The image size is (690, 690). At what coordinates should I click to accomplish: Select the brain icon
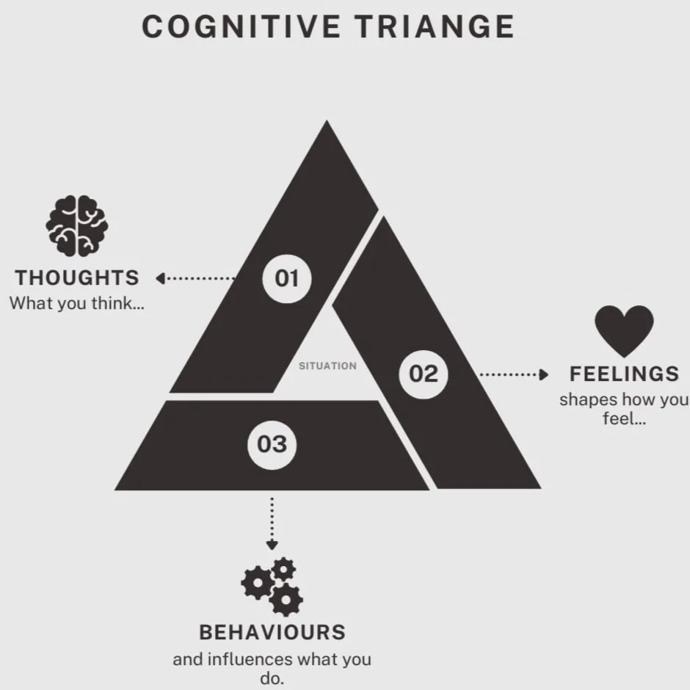(77, 226)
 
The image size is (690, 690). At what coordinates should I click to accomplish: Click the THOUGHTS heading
(77, 278)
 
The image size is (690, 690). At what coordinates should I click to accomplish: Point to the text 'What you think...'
(76, 304)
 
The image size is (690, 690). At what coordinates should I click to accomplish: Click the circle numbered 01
(287, 278)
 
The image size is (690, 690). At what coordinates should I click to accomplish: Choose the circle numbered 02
(423, 374)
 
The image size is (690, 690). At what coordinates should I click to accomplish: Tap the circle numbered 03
(272, 444)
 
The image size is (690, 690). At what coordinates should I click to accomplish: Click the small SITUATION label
(327, 366)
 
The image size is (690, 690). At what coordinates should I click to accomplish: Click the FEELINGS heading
(625, 374)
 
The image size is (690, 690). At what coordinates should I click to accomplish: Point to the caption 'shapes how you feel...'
(624, 410)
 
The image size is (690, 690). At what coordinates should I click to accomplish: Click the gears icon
(272, 586)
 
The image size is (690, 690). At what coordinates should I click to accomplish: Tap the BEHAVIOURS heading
(272, 632)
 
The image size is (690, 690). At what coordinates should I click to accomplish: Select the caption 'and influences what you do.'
(272, 668)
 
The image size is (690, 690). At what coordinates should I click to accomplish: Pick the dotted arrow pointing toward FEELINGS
(513, 374)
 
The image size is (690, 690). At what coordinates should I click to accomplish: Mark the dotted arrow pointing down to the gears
(272, 523)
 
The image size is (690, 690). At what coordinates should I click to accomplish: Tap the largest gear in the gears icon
(256, 584)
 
